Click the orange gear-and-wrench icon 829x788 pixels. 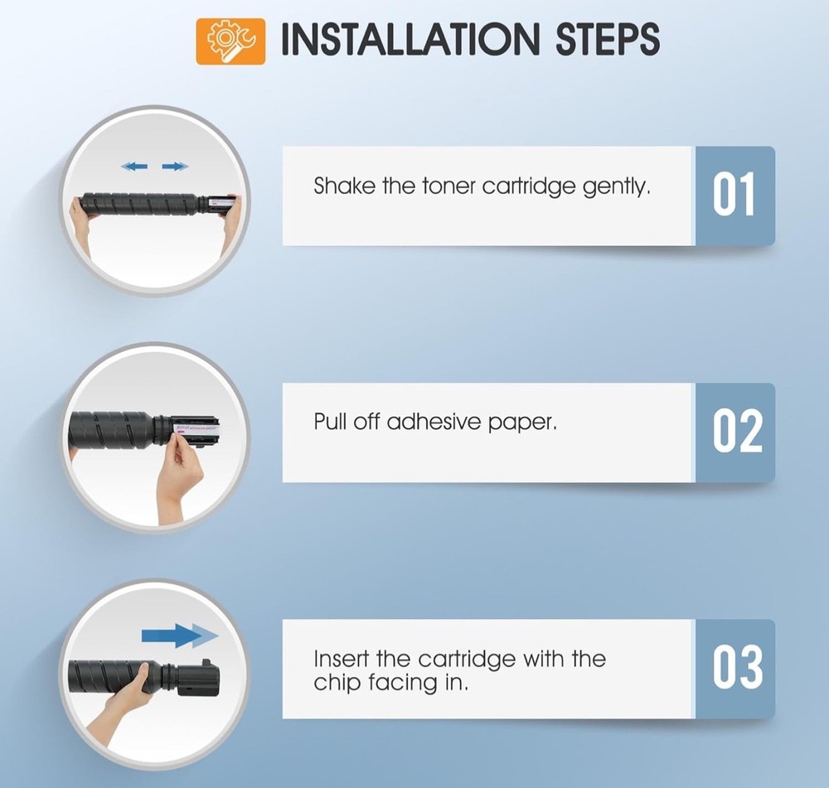click(x=230, y=41)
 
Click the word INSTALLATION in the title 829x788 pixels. click(x=410, y=39)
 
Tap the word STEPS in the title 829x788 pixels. click(x=608, y=39)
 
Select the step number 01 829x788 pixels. click(x=734, y=195)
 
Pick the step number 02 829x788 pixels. click(x=738, y=432)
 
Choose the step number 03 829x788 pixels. click(x=738, y=668)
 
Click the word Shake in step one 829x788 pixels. click(x=344, y=186)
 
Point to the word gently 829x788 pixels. click(x=617, y=187)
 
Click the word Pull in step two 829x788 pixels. click(x=331, y=422)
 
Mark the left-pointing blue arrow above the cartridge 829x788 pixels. click(x=134, y=167)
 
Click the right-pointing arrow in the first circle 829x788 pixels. click(x=175, y=167)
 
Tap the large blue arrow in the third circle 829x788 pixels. click(x=180, y=636)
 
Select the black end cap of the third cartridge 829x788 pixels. click(x=198, y=679)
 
